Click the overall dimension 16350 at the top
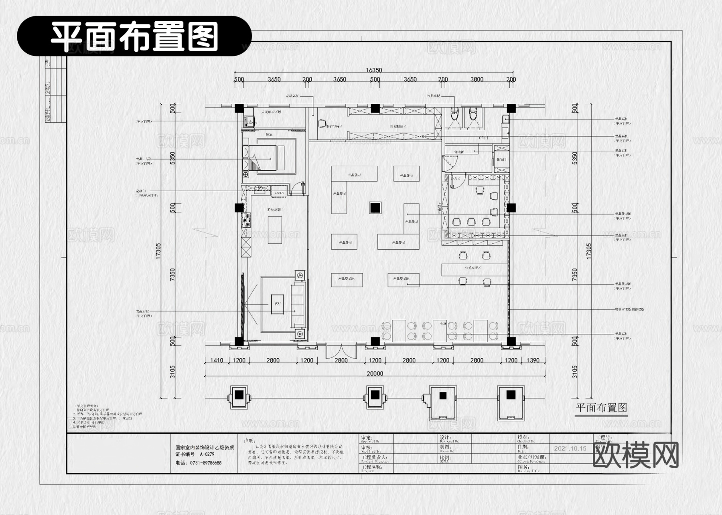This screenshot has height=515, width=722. point(373,70)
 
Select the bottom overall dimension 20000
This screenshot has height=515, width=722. point(375,374)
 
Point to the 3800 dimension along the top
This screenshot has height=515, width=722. point(477,79)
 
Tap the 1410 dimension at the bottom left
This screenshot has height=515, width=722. point(217,360)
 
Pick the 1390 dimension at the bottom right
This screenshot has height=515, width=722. point(533,360)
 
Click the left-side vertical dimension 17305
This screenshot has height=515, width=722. point(158,251)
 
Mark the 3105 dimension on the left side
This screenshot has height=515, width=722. point(172,372)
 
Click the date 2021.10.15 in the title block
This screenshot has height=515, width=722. point(570,448)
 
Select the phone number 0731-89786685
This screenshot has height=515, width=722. point(204,462)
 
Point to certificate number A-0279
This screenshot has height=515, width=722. point(207,454)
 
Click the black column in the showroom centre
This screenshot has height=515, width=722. point(375,208)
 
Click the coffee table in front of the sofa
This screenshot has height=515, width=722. point(277,304)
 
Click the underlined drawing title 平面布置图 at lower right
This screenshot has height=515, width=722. point(601,408)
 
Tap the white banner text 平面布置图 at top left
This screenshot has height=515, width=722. point(134,36)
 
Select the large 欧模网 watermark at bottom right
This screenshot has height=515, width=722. point(635,455)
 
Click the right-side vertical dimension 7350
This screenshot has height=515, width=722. point(574,275)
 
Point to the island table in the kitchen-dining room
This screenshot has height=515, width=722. point(275,230)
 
